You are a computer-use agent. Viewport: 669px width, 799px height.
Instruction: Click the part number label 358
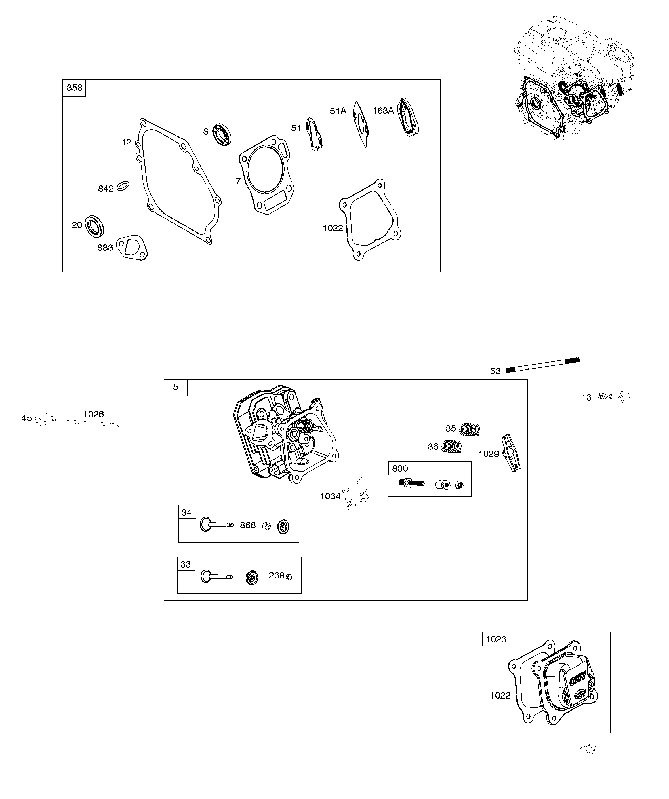(x=74, y=88)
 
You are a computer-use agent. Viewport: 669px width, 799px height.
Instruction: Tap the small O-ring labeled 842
(x=123, y=186)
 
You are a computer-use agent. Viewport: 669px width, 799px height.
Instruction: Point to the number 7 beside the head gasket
(x=238, y=181)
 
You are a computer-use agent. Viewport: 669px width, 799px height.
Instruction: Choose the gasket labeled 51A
(x=361, y=124)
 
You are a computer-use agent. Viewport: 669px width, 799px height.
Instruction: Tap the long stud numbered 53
(x=542, y=365)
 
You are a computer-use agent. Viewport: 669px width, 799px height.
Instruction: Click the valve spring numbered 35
(x=469, y=429)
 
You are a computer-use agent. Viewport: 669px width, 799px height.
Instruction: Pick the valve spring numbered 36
(x=451, y=446)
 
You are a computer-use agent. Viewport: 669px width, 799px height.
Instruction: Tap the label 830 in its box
(x=400, y=468)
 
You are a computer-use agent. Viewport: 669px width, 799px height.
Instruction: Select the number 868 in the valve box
(x=247, y=525)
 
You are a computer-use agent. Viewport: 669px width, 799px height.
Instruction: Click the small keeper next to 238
(x=289, y=577)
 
